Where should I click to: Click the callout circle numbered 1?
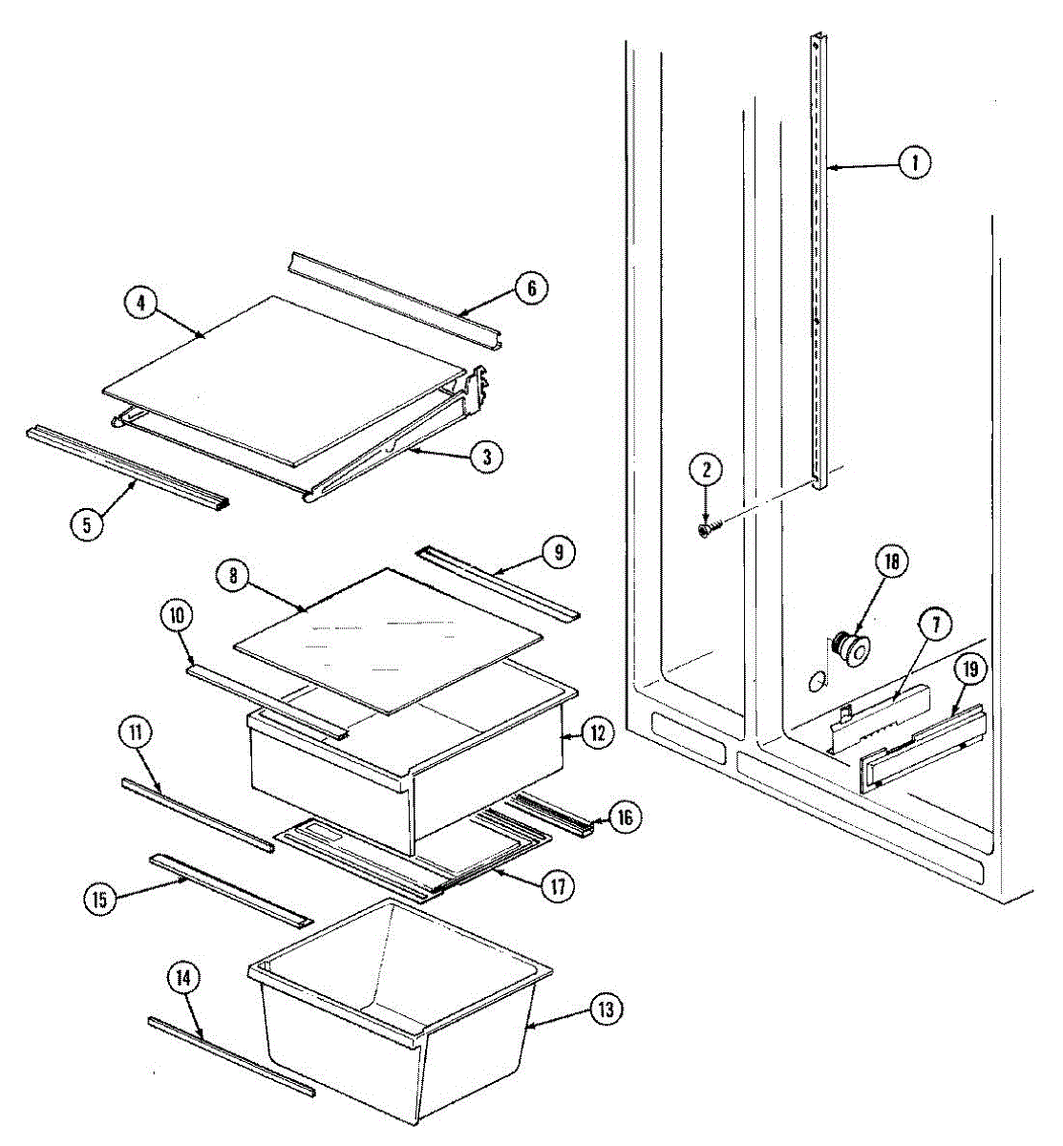coord(914,163)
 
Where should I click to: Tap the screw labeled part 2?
coord(707,527)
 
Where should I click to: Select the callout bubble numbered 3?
coord(486,456)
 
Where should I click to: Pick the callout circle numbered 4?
coord(140,303)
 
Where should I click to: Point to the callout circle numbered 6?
coord(532,286)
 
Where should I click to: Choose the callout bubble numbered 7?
coord(935,626)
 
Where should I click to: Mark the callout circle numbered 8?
coord(232,576)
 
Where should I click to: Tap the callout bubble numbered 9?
coord(559,551)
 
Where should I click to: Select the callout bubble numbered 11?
coord(135,734)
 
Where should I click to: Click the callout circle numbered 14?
coord(185,978)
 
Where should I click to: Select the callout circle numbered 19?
coord(970,670)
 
